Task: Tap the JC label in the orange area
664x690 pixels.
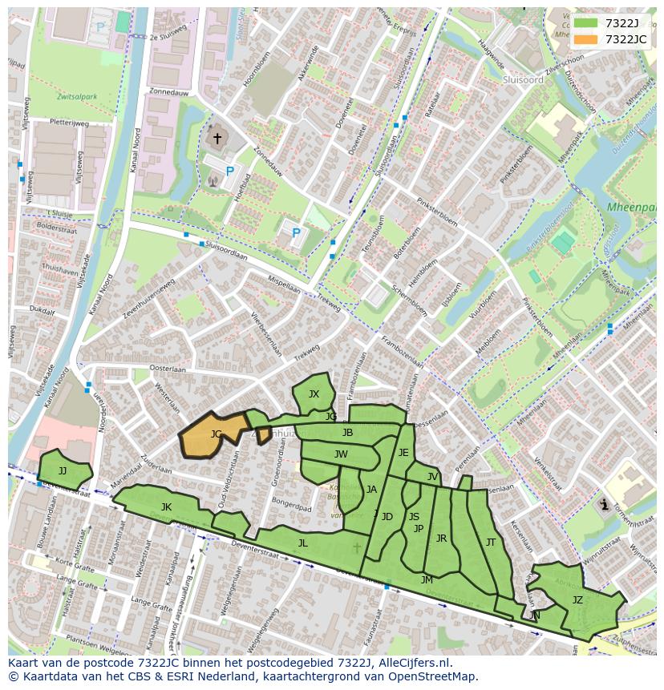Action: click(216, 434)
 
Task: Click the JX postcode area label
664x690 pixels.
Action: click(314, 393)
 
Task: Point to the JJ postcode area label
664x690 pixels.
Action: click(63, 471)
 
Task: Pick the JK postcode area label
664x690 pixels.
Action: click(166, 506)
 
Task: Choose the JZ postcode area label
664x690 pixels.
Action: click(577, 599)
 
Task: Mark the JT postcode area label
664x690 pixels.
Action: click(490, 543)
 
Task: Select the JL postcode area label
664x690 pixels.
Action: click(302, 543)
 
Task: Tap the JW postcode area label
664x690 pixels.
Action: click(341, 454)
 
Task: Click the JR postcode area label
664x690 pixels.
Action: click(441, 539)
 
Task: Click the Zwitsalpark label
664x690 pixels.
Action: click(77, 97)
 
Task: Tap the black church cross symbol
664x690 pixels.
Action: click(217, 139)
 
